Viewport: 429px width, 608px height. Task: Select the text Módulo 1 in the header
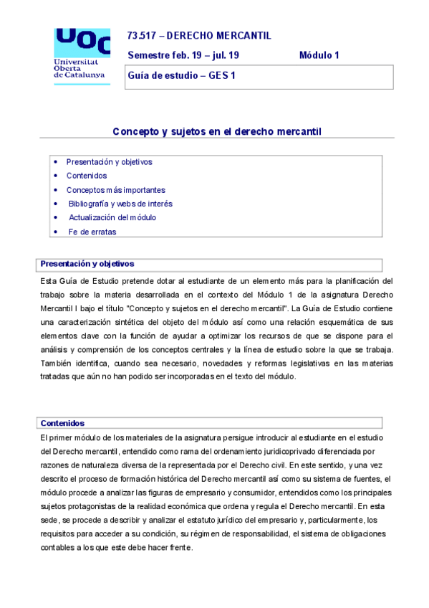[x=319, y=55]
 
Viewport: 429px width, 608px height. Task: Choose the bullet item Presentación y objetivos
[x=109, y=162]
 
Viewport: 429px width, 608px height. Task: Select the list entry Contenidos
[x=87, y=176]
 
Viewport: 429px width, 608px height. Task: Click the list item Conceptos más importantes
[x=115, y=190]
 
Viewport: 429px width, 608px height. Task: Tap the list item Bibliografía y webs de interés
[x=120, y=204]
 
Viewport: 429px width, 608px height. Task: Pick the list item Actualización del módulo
[x=112, y=217]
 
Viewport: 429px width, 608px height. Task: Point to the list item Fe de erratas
[x=92, y=232]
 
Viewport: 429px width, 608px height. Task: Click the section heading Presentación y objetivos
[x=87, y=264]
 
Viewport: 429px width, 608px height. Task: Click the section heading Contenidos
[x=63, y=423]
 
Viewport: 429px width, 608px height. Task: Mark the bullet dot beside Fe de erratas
[x=57, y=232]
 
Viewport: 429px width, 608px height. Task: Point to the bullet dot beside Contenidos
[x=57, y=176]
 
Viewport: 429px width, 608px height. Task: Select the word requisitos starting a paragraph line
[x=60, y=521]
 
